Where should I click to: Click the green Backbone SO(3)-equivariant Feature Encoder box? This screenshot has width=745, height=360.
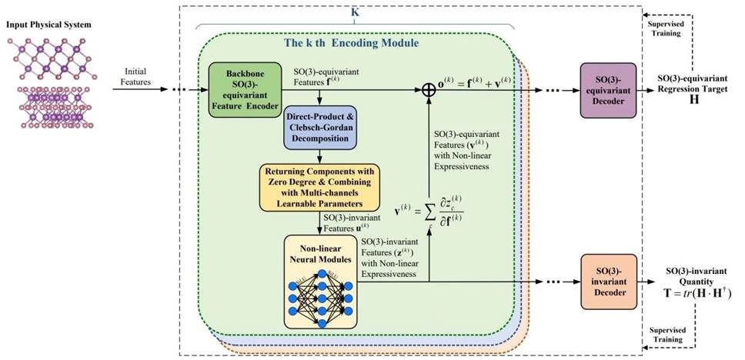[244, 89]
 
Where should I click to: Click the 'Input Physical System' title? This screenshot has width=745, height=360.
[49, 25]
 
